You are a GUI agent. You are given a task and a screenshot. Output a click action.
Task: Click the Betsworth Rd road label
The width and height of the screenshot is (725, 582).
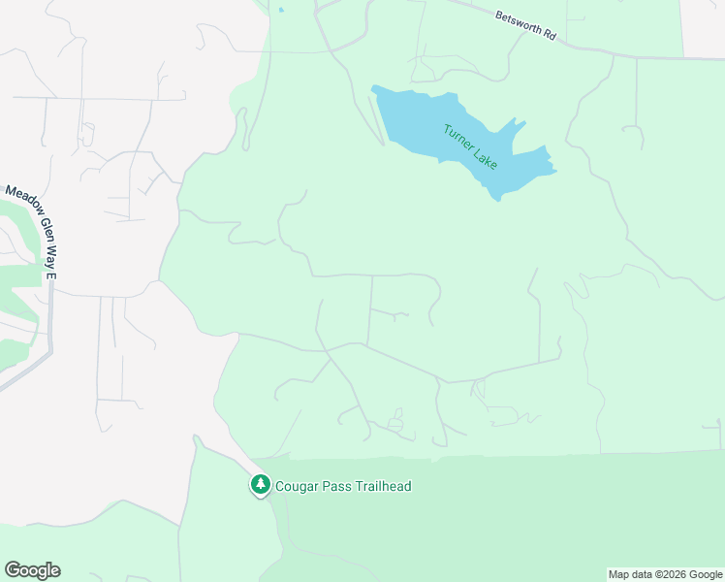pos(524,25)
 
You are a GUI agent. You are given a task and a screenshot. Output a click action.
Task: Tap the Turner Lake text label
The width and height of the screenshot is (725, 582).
pos(470,146)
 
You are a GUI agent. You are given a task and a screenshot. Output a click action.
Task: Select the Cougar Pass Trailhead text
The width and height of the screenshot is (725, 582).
pos(344,486)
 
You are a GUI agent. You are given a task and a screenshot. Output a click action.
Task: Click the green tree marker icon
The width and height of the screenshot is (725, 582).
pos(260,484)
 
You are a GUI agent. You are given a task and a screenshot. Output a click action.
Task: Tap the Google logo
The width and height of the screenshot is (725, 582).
pos(32,570)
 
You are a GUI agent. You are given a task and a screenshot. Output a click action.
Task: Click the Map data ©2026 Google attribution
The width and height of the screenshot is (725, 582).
pos(665,574)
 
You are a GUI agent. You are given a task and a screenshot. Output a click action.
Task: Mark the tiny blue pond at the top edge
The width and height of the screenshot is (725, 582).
pos(281,11)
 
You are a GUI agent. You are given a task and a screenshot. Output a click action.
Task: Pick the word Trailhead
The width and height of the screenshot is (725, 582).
pos(384,486)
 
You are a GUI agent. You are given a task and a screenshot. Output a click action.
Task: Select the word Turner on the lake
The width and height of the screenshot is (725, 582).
pos(457,135)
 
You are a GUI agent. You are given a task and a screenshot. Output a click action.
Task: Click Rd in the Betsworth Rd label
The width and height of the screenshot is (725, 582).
pos(550,34)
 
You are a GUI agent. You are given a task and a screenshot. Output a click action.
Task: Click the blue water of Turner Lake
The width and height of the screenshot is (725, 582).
pos(417,121)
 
